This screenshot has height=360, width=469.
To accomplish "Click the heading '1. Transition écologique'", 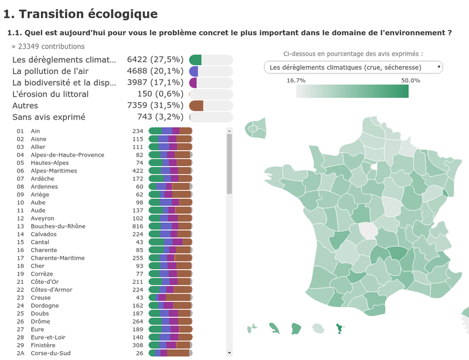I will tap(80, 14).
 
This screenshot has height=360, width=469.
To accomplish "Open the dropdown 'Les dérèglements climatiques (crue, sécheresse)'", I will tap(353, 67).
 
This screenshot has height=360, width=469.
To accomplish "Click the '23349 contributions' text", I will tap(48, 46).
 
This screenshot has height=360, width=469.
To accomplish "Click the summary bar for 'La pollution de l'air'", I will tap(210, 72).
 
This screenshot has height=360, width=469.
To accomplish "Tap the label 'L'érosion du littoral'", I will tap(50, 94).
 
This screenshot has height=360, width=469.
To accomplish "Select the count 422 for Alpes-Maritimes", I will tap(137, 171).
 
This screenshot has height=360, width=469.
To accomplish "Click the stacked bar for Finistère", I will tap(171, 345).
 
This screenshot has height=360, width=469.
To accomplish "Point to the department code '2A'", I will tap(20, 354).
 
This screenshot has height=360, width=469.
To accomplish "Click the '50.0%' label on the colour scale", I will tap(410, 80).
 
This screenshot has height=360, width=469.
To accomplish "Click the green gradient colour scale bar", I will tap(352, 91).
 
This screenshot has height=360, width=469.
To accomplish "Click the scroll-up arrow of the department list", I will tap(229, 131).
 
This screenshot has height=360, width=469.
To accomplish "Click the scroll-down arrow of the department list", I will tap(229, 352).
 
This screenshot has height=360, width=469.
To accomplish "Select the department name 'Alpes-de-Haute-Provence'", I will tap(67, 155).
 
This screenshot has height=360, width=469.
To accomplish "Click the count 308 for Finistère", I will tap(137, 345).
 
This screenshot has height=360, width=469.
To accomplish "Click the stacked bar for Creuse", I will tap(171, 298).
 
